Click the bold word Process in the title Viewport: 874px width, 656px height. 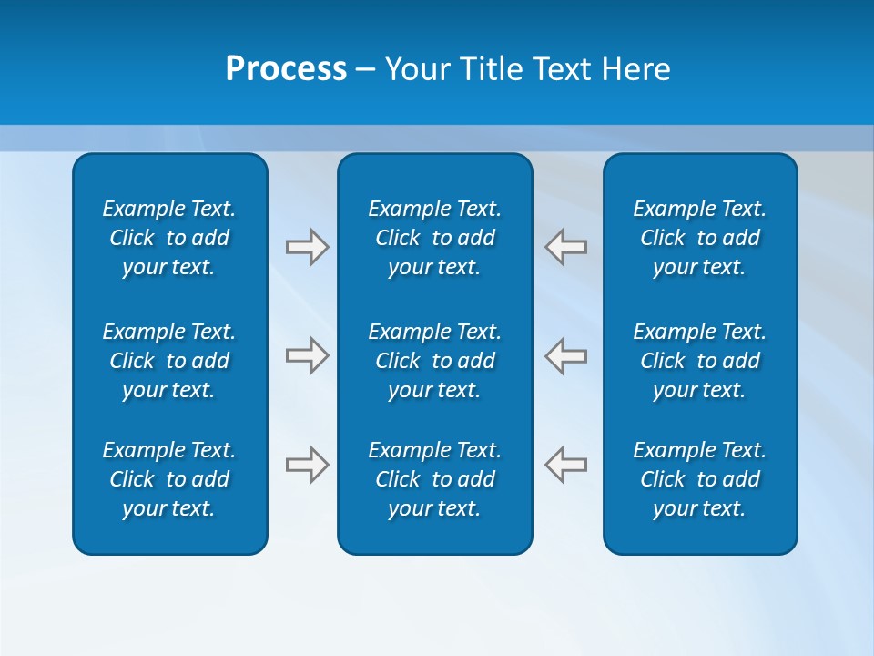pos(286,69)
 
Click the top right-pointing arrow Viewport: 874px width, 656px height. pos(307,247)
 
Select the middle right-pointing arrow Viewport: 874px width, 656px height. pos(307,355)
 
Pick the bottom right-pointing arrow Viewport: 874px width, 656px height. pos(307,465)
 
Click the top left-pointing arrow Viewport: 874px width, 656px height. pos(565,247)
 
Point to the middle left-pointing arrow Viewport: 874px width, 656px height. pos(565,355)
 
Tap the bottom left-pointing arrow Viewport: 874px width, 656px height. pos(565,465)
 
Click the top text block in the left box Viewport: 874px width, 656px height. pos(169,238)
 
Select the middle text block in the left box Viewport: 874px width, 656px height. pos(169,361)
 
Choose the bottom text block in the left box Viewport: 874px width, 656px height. pos(169,479)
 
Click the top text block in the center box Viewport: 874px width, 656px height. pos(434,238)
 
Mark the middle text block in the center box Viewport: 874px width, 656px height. pos(434,361)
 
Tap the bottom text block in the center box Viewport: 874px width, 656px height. pos(434,479)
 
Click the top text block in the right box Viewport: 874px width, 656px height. pos(699,238)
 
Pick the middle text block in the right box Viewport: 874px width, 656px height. pos(699,361)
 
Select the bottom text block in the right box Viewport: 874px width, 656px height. pos(699,479)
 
